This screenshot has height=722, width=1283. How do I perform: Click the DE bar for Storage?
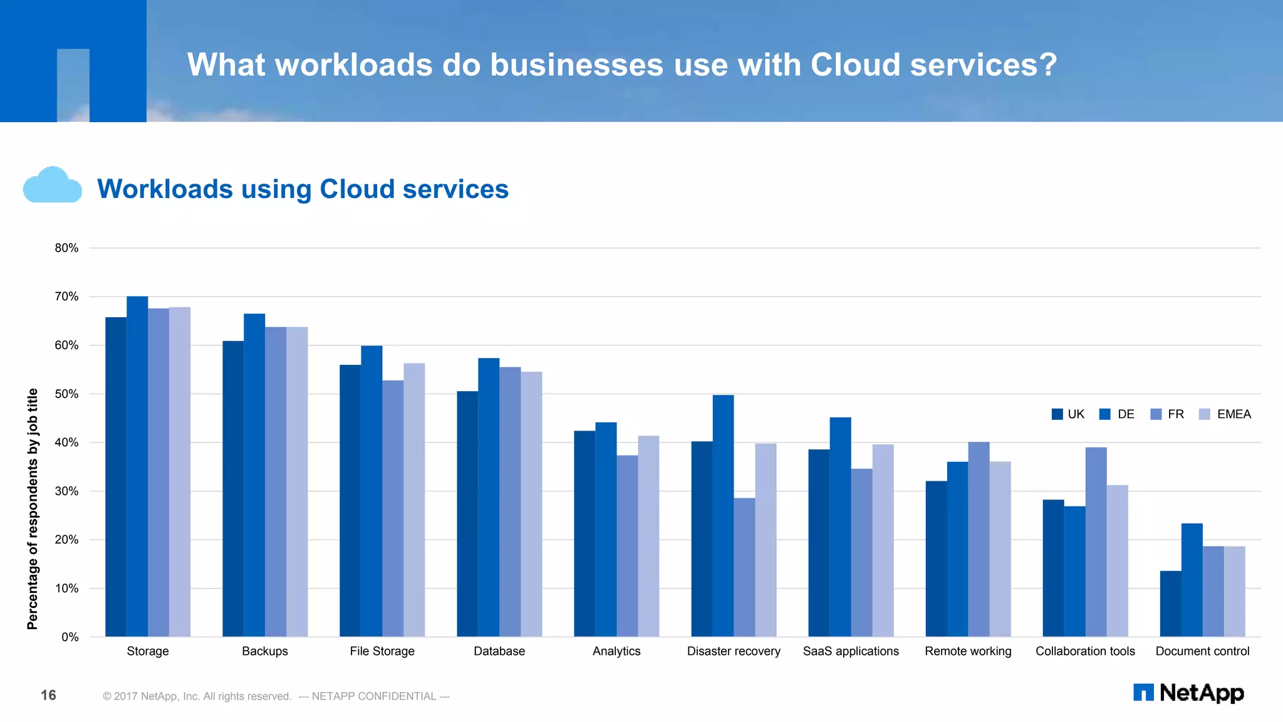click(x=137, y=466)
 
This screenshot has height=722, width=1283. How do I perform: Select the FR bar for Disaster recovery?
click(x=744, y=567)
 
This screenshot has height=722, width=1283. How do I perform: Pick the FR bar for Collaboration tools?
click(x=1096, y=541)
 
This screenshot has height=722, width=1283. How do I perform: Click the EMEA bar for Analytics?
click(x=648, y=536)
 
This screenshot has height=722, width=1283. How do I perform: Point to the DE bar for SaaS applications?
click(x=840, y=526)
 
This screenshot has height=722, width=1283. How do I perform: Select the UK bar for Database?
click(x=467, y=514)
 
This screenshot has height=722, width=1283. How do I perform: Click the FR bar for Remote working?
click(x=979, y=539)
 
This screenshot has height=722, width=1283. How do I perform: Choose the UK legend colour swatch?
click(x=1057, y=414)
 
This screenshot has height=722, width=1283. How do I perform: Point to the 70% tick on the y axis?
click(x=66, y=296)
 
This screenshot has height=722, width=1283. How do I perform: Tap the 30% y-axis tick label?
click(x=66, y=491)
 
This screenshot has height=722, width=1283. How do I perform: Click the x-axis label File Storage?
click(x=382, y=651)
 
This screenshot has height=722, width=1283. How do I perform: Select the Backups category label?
click(x=265, y=651)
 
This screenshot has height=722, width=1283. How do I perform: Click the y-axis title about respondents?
click(x=33, y=508)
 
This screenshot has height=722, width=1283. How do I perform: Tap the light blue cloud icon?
click(x=52, y=186)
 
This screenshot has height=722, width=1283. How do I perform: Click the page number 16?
click(x=48, y=695)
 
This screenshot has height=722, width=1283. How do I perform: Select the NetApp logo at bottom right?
click(x=1188, y=693)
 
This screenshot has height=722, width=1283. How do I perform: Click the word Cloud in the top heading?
click(x=855, y=65)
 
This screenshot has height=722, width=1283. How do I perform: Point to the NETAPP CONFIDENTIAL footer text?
click(x=374, y=696)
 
